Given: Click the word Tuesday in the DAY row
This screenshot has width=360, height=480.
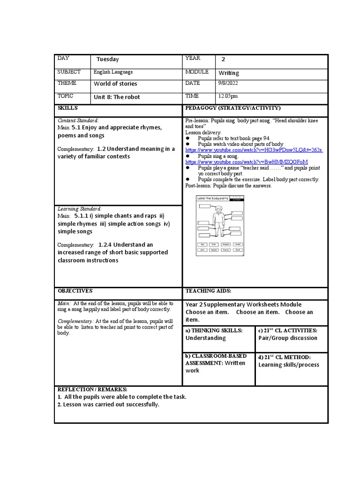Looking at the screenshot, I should pyautogui.click(x=107, y=60).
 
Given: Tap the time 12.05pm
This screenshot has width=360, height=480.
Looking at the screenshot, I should pyautogui.click(x=228, y=96).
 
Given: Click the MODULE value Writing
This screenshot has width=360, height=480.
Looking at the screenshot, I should pyautogui.click(x=229, y=73).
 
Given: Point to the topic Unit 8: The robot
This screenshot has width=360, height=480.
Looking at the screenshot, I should pyautogui.click(x=117, y=97).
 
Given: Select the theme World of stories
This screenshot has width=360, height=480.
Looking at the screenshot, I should pyautogui.click(x=115, y=84).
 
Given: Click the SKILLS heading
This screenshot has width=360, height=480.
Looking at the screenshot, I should pyautogui.click(x=67, y=108).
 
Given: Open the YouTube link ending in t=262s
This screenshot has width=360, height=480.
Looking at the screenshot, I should pyautogui.click(x=254, y=150).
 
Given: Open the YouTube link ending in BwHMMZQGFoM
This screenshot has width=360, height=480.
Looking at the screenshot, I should pyautogui.click(x=247, y=162).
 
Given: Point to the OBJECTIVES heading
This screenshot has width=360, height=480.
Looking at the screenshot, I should pyautogui.click(x=75, y=291).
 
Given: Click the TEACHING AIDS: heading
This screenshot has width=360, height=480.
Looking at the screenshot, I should pyautogui.click(x=209, y=291).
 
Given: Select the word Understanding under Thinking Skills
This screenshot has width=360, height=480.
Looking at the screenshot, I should pyautogui.click(x=205, y=338).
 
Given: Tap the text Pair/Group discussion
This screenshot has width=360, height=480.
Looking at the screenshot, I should pyautogui.click(x=288, y=338).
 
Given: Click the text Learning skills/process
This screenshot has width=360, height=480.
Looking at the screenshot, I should pyautogui.click(x=289, y=365).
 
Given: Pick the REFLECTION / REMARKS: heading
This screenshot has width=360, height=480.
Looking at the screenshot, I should pyautogui.click(x=92, y=390).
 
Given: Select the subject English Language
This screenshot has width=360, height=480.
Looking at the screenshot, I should pyautogui.click(x=113, y=72).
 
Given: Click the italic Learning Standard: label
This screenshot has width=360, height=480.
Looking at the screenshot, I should pyautogui.click(x=80, y=209).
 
